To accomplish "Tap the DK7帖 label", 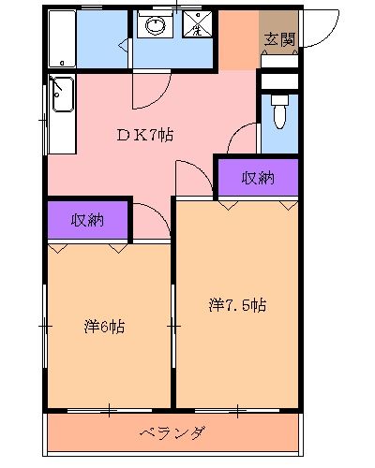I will (143, 133).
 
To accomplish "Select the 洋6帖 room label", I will (105, 328).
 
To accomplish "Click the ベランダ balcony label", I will (172, 432).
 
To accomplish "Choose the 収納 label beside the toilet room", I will (257, 178).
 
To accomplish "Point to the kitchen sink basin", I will (64, 94).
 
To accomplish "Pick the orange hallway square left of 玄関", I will (238, 41).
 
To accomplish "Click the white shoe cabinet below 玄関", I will (279, 80).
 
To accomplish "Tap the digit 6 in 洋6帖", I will (105, 328).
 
